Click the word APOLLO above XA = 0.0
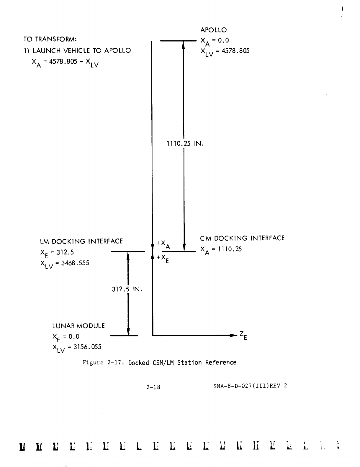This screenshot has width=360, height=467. pyautogui.click(x=214, y=30)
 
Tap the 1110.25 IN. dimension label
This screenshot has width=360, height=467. pyautogui.click(x=185, y=144)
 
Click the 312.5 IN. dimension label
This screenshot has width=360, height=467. pyautogui.click(x=127, y=290)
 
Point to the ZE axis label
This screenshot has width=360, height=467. pyautogui.click(x=243, y=335)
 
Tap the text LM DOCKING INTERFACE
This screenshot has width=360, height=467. pyautogui.click(x=81, y=241)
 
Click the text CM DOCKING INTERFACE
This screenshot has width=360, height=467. pyautogui.click(x=242, y=238)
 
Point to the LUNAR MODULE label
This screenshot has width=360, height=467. pyautogui.click(x=78, y=326)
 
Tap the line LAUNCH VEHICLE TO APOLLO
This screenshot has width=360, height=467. pyautogui.click(x=81, y=50)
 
